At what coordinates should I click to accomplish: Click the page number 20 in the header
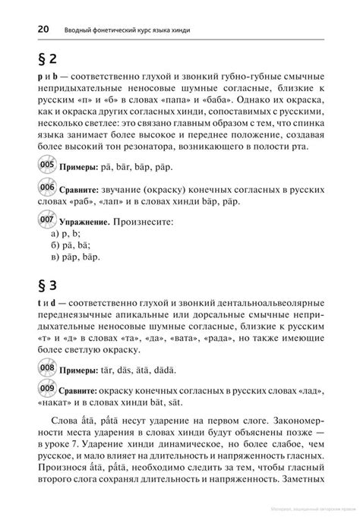point(41,29)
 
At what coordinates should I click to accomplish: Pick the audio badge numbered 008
point(47,369)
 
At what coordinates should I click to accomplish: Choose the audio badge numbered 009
point(47,389)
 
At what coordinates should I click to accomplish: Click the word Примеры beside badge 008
point(81,370)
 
